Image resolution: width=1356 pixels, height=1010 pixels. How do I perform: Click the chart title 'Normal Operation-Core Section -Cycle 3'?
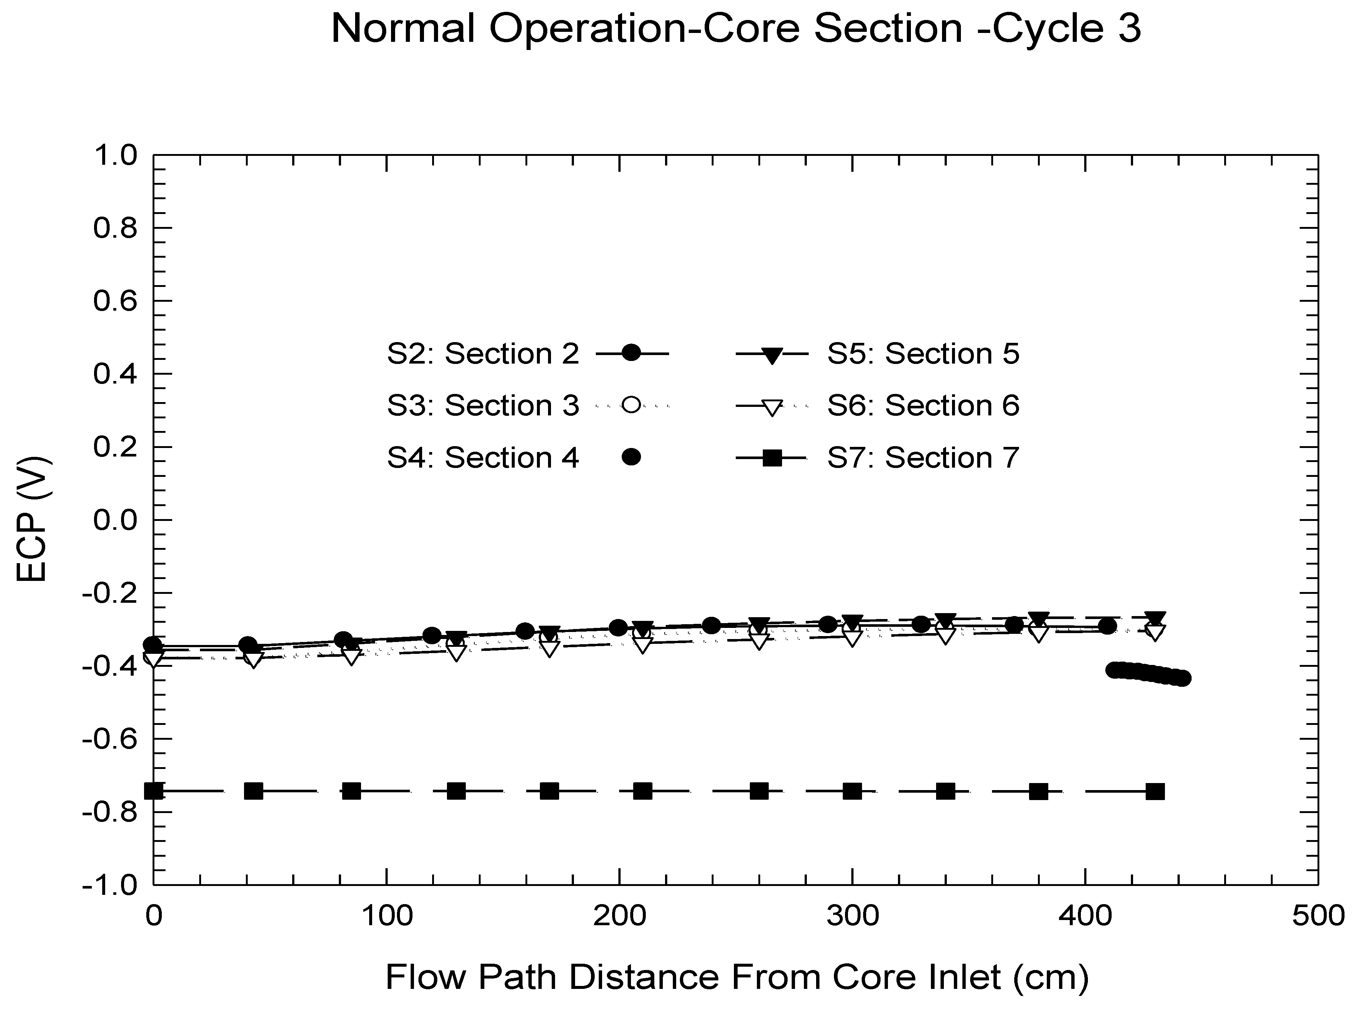(735, 29)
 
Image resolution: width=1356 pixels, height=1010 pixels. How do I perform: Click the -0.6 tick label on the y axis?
(110, 739)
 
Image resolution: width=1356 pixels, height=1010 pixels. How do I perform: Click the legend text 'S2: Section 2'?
(483, 354)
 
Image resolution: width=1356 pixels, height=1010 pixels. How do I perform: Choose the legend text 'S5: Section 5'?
(923, 354)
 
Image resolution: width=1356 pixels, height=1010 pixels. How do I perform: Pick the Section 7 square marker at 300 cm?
(852, 791)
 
